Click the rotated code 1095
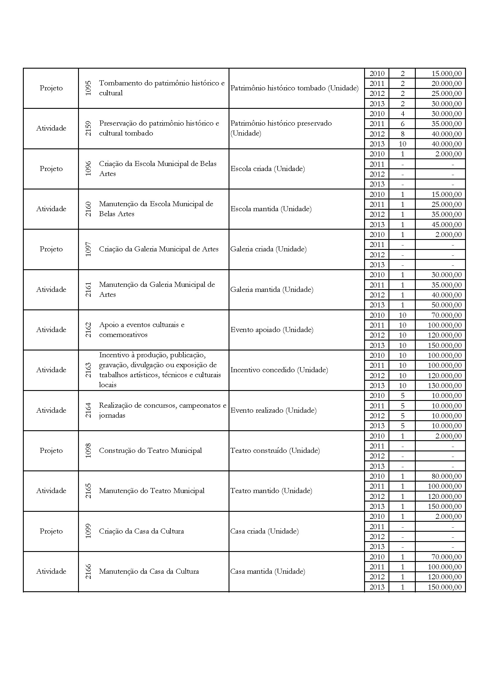pos(88,88)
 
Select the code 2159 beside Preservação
pos(88,128)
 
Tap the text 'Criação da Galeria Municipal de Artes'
pos(159,249)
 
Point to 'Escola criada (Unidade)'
pos(268,169)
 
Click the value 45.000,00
pos(447,225)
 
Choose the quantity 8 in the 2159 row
pos(402,134)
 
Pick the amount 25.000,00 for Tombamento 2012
pos(447,94)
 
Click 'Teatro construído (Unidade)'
pos(275,450)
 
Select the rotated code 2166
pos(88,572)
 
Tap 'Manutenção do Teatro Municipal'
pos(151,491)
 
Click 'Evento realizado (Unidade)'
pos(273,411)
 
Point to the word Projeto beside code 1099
pos(51,531)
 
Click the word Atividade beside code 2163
pos(51,370)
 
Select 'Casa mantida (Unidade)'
pos(268,572)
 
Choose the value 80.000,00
pos(447,476)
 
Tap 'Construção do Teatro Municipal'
pos(150,450)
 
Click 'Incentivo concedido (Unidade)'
pos(279,370)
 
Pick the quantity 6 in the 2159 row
pos(402,124)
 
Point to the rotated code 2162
pos(88,330)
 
